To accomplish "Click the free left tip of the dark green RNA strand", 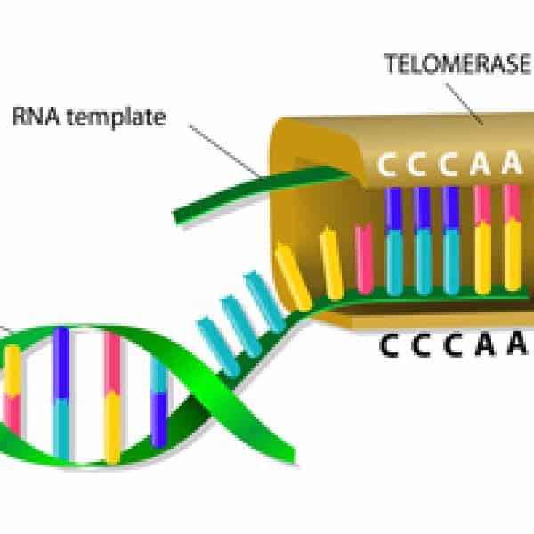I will (178, 215).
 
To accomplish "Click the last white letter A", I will (511, 165).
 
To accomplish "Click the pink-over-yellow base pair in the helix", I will (113, 396).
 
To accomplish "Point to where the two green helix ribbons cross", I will (191, 392).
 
